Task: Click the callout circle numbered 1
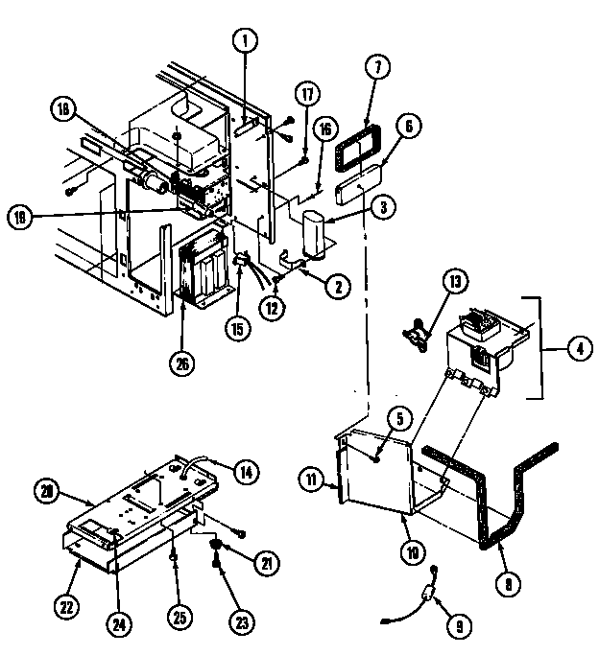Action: click(x=246, y=41)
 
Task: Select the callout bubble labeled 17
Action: click(x=306, y=94)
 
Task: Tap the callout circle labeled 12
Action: click(x=274, y=308)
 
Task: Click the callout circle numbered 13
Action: click(x=454, y=283)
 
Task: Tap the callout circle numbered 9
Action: click(x=457, y=626)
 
